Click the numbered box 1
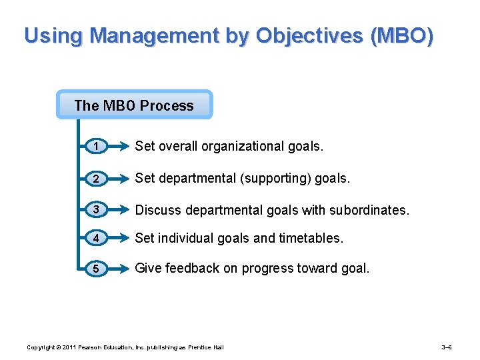pyautogui.click(x=97, y=147)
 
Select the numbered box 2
pyautogui.click(x=97, y=179)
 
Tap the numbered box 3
pyautogui.click(x=97, y=210)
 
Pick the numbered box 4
pyautogui.click(x=97, y=238)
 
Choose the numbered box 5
pyautogui.click(x=97, y=269)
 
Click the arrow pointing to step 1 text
pyautogui.click(x=120, y=147)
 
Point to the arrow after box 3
pyautogui.click(x=120, y=210)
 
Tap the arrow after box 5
pyautogui.click(x=120, y=269)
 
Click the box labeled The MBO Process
pyautogui.click(x=134, y=105)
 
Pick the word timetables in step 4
pyautogui.click(x=312, y=238)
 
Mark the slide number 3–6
pyautogui.click(x=447, y=347)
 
